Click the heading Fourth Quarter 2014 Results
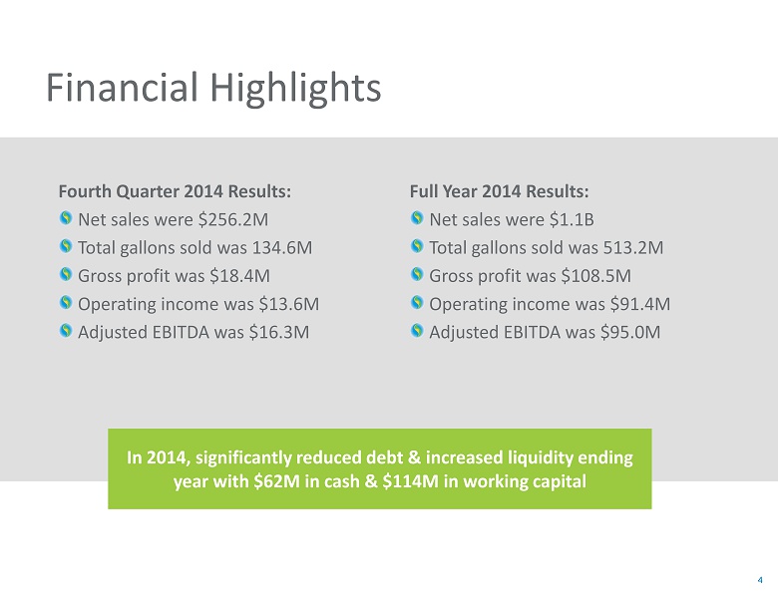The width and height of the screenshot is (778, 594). coord(176,190)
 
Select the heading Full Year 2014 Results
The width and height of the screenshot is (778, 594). coord(500,190)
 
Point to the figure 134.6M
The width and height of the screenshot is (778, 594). coord(288,246)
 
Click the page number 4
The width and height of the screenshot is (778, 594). coord(761,579)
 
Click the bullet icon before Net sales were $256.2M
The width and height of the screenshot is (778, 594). coord(66,218)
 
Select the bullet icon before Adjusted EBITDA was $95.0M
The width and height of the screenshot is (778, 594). coord(417,331)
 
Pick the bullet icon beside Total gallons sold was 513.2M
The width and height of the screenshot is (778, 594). coord(417,246)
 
